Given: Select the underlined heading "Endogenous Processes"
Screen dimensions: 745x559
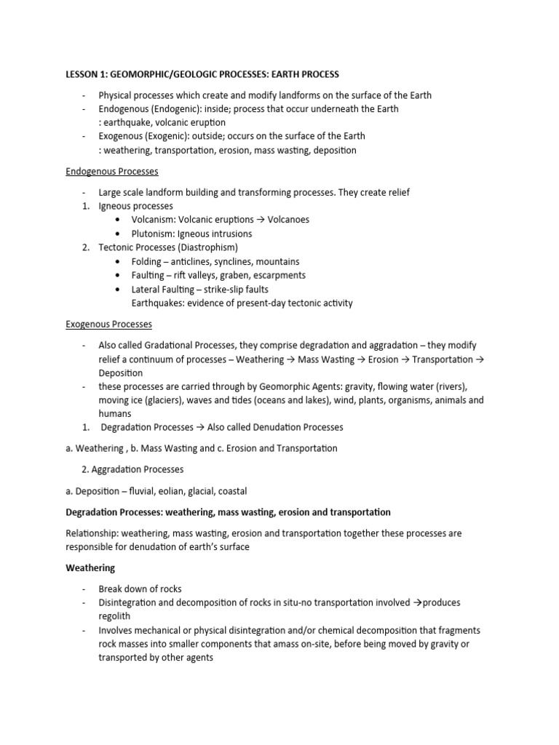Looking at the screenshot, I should [x=112, y=172].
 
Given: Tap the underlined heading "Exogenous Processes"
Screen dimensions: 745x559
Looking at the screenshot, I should [x=109, y=324].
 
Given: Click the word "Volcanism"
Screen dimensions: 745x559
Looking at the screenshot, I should [x=154, y=220].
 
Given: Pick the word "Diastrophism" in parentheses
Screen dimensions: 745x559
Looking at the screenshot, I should [x=205, y=248].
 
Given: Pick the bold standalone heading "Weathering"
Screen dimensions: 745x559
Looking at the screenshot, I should [x=90, y=568].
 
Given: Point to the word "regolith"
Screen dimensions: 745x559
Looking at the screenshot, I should [x=115, y=616].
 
